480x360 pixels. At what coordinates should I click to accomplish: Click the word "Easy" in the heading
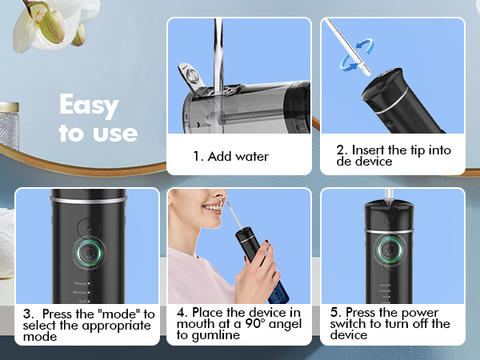[89, 106]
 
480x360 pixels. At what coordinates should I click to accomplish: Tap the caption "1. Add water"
[230, 156]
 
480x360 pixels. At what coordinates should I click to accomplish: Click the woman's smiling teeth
[211, 210]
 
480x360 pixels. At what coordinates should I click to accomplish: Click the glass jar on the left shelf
[10, 128]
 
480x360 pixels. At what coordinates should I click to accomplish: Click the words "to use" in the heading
[98, 132]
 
